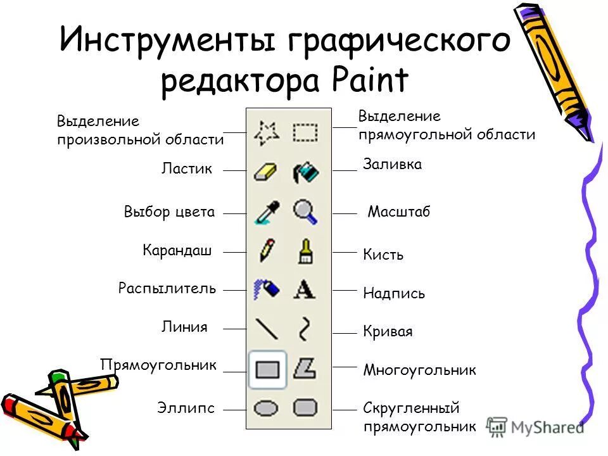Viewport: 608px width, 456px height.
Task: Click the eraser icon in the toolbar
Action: pyautogui.click(x=267, y=172)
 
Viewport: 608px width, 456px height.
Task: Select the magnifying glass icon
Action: pyautogui.click(x=305, y=212)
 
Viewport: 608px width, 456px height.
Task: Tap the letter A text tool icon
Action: pyautogui.click(x=305, y=290)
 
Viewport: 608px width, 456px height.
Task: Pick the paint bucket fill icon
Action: pyautogui.click(x=305, y=172)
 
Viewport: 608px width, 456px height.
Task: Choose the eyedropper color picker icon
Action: pyautogui.click(x=267, y=212)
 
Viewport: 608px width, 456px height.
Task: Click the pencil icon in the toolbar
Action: pyautogui.click(x=267, y=251)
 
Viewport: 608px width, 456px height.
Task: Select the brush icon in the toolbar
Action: pyautogui.click(x=305, y=251)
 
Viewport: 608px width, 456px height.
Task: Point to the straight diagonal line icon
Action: pyautogui.click(x=267, y=329)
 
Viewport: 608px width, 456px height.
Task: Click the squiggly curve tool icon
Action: pyautogui.click(x=305, y=329)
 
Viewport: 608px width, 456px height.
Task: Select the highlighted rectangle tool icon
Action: pyautogui.click(x=267, y=369)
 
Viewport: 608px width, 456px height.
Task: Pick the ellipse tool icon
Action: pyautogui.click(x=267, y=407)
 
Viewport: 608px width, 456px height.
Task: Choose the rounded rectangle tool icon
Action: pyautogui.click(x=305, y=407)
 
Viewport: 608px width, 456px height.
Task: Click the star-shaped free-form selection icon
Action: pyautogui.click(x=267, y=132)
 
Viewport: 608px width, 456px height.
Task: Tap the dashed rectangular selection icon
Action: pyautogui.click(x=305, y=132)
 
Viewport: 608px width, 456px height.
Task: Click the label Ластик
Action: pyautogui.click(x=187, y=169)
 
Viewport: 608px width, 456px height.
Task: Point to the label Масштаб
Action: pyautogui.click(x=399, y=212)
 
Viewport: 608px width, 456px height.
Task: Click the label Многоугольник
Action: pyautogui.click(x=419, y=370)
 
